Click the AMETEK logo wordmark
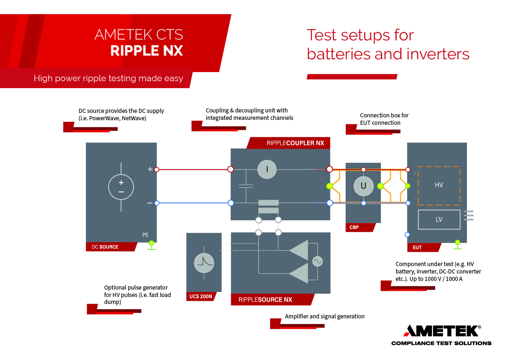(441, 331)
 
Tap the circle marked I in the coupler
(267, 169)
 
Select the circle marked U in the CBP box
(363, 186)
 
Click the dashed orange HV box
(439, 185)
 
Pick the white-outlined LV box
(439, 219)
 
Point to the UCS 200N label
(200, 297)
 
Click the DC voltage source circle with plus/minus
(121, 187)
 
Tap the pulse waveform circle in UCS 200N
(204, 263)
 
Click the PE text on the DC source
(145, 235)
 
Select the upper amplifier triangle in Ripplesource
(300, 250)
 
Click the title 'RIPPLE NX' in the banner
(146, 51)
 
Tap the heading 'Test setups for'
(360, 35)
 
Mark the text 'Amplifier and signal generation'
(325, 316)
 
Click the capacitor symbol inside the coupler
(246, 186)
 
